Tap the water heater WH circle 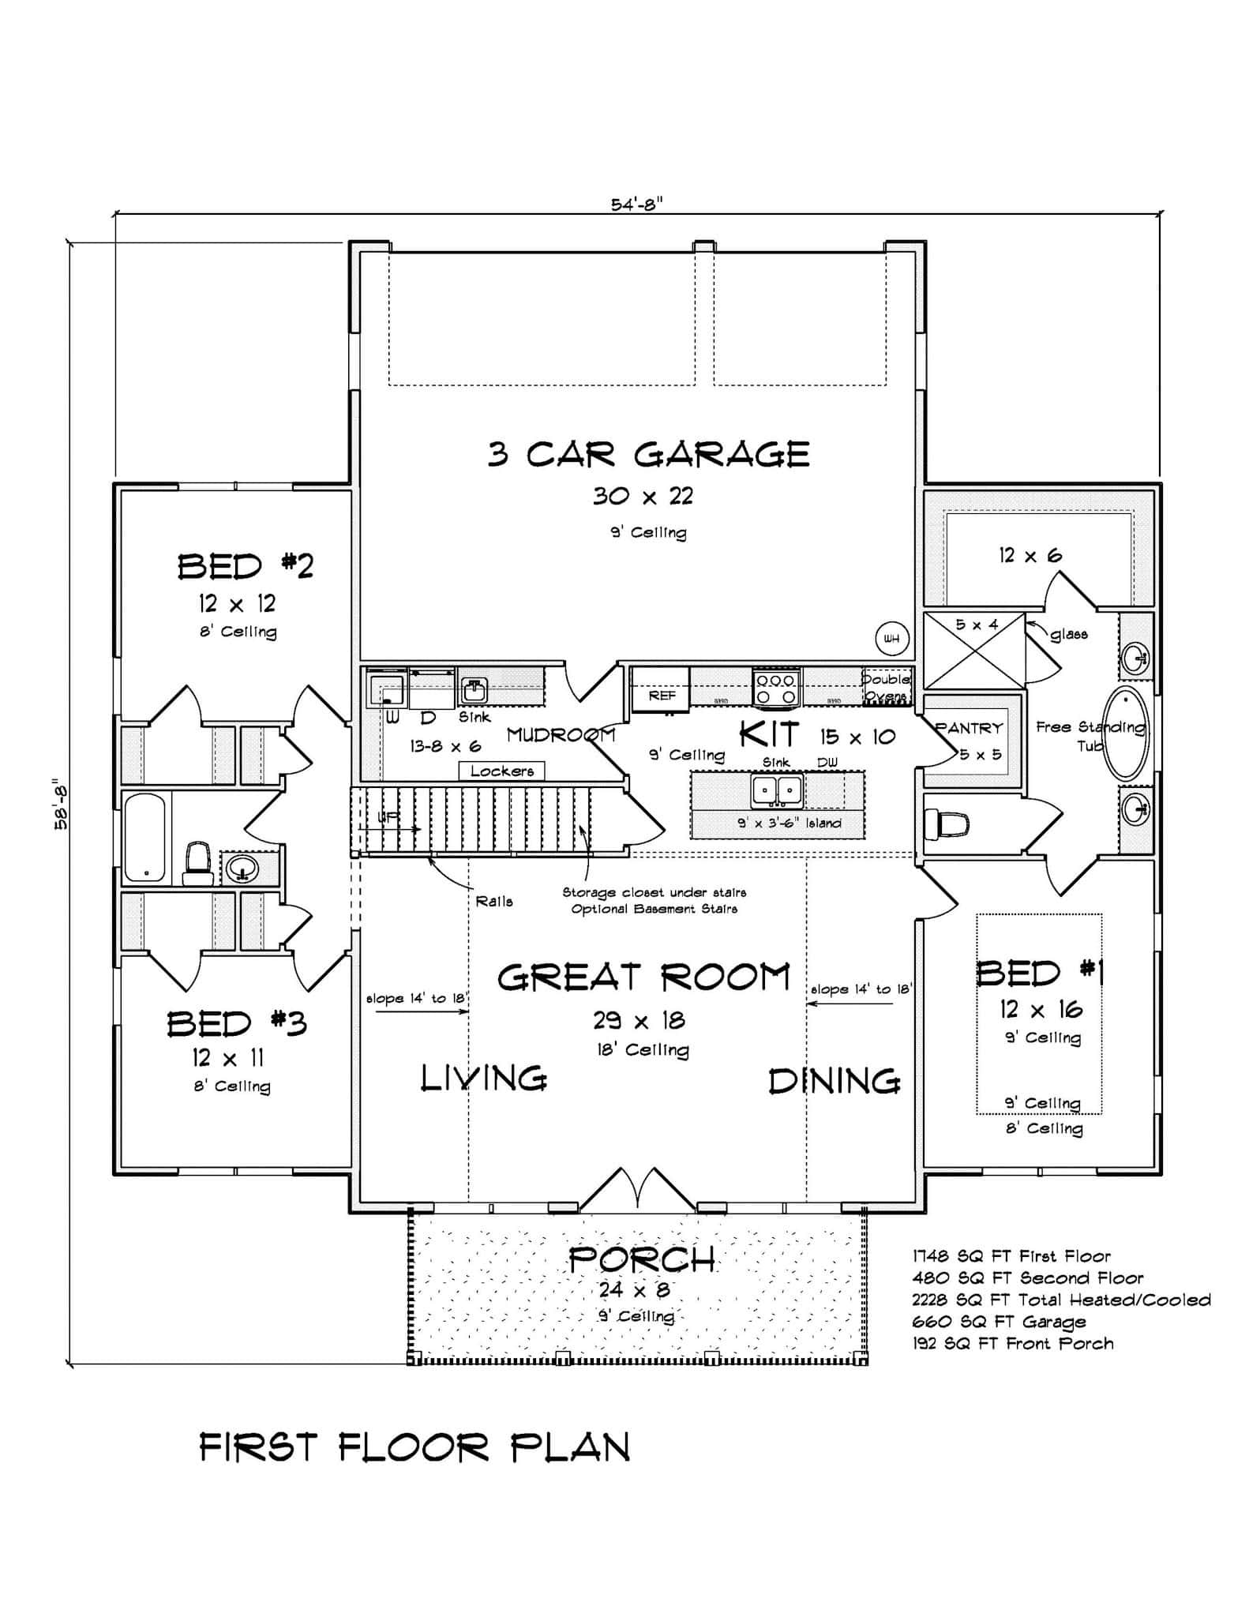click(x=892, y=638)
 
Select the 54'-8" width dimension click(x=636, y=204)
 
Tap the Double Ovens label click(x=886, y=687)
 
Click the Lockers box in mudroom click(x=501, y=771)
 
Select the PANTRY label click(x=970, y=728)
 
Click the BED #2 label click(x=245, y=567)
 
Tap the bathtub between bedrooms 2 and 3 click(x=146, y=837)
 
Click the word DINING click(x=834, y=1082)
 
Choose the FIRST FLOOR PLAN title click(x=414, y=1448)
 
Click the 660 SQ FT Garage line click(x=999, y=1322)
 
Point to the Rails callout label click(x=494, y=901)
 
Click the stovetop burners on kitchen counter click(x=776, y=687)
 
